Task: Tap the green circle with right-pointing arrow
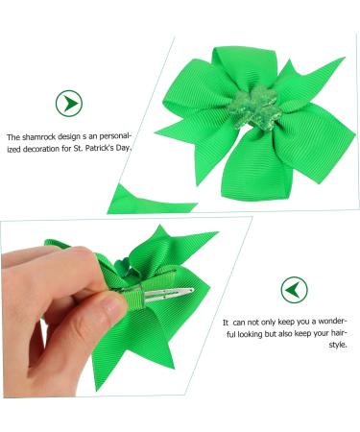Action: click(68, 103)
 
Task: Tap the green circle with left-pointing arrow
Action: click(294, 288)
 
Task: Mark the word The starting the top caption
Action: click(12, 138)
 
